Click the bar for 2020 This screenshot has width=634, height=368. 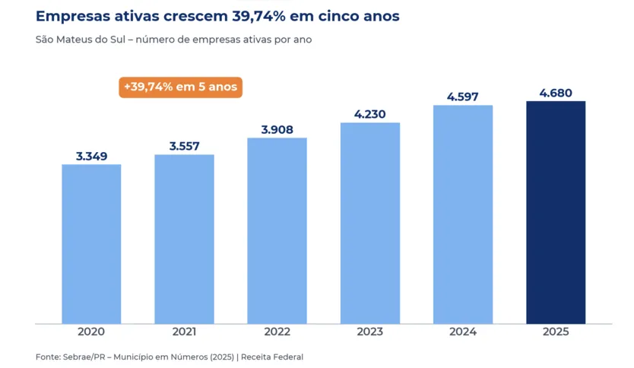coord(91,244)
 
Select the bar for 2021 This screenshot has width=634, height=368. coord(185,239)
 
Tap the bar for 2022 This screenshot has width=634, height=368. coord(277,231)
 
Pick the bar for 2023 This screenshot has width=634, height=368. coord(370,224)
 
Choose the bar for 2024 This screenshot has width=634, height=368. coord(463,214)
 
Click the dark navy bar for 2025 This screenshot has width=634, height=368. coord(556,212)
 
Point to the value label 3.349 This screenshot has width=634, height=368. coord(92,156)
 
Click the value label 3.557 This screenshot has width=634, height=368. coord(185,146)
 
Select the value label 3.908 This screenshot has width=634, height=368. coord(277,129)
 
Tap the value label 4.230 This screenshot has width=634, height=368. coord(370,114)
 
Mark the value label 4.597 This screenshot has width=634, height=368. coord(462,97)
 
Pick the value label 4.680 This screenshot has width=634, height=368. coord(556,93)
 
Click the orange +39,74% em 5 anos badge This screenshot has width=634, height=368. coord(181,87)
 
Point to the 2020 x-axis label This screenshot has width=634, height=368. coord(91,332)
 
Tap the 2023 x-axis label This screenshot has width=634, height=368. coord(370,332)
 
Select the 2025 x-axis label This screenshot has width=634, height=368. coord(556,332)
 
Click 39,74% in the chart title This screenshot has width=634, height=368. coord(258,16)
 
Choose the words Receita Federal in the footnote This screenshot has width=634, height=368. coord(272,357)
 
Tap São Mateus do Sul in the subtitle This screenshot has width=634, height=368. coord(81,40)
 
